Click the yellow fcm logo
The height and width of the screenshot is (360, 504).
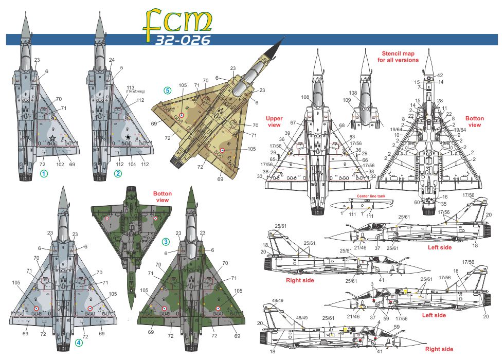pos(177,21)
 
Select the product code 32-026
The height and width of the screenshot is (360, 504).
pos(183,41)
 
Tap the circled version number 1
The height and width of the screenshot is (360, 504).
pos(44,173)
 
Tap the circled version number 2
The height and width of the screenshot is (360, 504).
pos(118,173)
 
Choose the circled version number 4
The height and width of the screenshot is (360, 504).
pos(78,342)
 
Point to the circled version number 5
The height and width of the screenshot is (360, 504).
pos(168,91)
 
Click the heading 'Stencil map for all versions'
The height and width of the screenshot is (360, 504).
pos(399,57)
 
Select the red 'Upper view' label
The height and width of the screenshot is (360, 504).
pos(274,121)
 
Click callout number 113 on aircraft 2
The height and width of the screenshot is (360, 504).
pos(131,86)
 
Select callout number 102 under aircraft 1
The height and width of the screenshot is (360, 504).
pos(60,165)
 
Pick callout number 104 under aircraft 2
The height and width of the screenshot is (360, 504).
pos(132,165)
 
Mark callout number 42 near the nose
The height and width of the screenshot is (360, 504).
pos(440,75)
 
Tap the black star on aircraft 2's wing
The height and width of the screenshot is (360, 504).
pos(128,138)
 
